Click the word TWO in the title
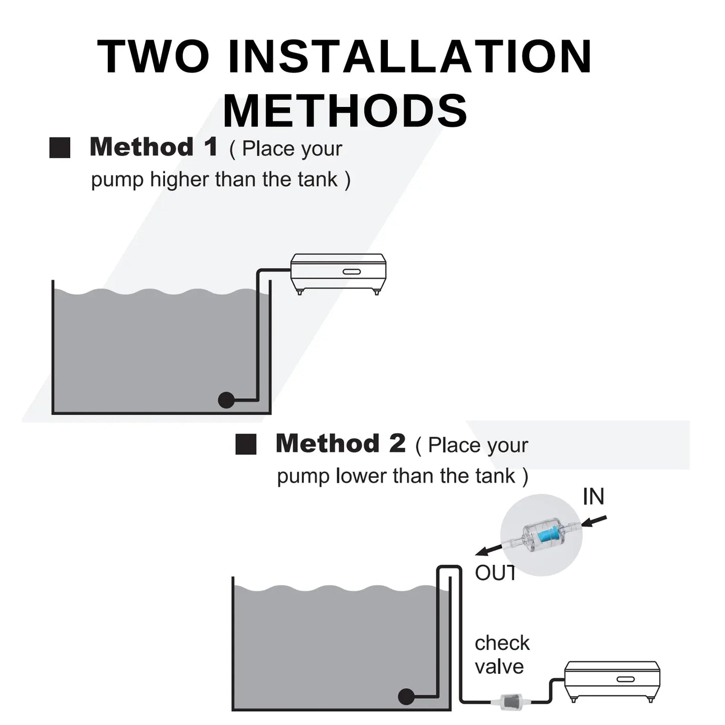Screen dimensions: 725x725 153,56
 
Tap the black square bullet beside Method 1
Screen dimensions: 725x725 60,148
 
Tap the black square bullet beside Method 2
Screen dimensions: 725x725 246,444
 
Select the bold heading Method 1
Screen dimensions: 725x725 154,147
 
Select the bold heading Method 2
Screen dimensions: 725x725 341,443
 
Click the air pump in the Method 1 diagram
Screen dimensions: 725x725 338,273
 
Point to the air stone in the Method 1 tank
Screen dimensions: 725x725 226,400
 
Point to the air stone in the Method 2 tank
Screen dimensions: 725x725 406,697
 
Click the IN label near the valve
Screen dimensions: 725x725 594,497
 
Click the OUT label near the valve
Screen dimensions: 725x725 495,573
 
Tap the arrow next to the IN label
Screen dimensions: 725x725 594,521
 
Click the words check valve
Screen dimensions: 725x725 502,655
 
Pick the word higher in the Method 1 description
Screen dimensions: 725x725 180,180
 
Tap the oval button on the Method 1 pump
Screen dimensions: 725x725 352,271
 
